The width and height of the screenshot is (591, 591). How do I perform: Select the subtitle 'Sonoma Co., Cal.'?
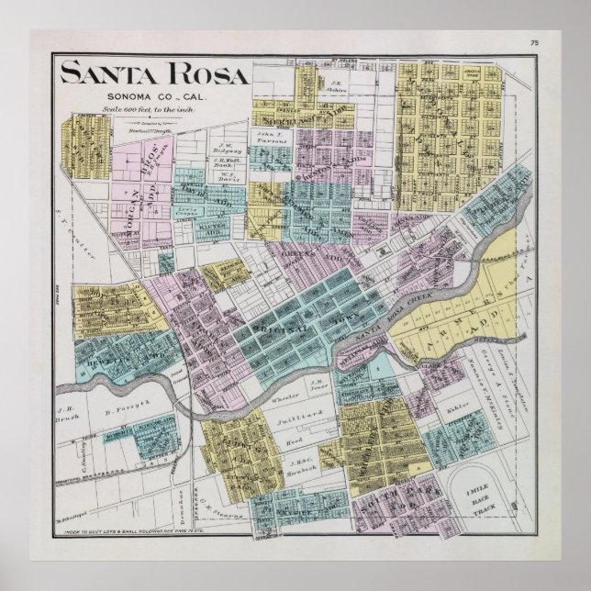(153, 96)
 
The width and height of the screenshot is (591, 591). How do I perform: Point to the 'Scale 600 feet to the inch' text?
(153, 109)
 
